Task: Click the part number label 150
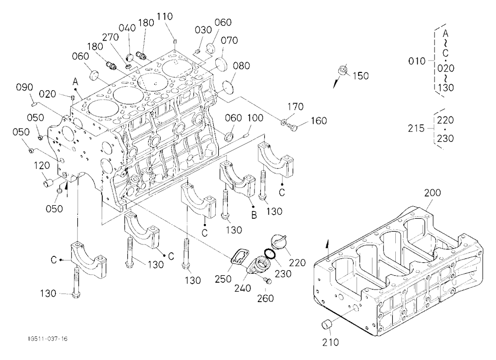pos(361,76)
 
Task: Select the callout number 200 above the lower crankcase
pos(433,193)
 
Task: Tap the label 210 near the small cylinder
pos(330,342)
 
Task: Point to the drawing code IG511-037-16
pos(48,339)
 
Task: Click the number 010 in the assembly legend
pos(417,60)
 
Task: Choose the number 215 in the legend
pos(416,128)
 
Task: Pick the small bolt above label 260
pos(267,280)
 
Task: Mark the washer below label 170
pos(284,121)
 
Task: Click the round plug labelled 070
pos(221,63)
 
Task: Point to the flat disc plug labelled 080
pos(228,87)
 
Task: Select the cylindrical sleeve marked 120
pos(49,183)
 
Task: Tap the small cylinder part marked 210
pos(327,325)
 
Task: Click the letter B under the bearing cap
pos(254,215)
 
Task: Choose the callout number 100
pos(255,118)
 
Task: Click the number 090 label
pos(25,87)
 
